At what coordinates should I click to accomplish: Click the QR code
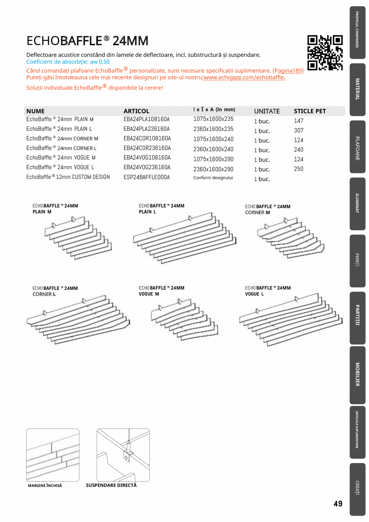[325, 53]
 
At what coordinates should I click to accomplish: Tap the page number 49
[338, 504]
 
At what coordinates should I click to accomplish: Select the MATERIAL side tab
[357, 89]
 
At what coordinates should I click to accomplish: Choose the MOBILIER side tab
[357, 375]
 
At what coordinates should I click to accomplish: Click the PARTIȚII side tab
[357, 318]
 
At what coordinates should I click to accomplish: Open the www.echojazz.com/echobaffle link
[244, 77]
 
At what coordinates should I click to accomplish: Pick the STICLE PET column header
[310, 111]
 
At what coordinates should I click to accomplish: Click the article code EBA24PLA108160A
[146, 119]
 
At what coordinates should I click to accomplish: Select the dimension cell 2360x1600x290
[213, 169]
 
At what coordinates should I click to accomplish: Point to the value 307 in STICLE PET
[298, 130]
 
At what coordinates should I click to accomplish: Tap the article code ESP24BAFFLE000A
[146, 177]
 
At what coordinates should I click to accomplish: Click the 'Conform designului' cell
[213, 178]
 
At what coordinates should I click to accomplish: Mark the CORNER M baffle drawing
[290, 237]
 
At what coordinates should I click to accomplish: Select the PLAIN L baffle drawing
[184, 239]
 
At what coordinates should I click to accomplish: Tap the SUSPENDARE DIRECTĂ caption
[111, 485]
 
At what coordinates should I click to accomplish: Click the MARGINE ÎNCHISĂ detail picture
[53, 455]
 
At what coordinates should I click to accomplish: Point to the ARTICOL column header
[136, 111]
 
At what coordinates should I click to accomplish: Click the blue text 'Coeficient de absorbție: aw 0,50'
[68, 62]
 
